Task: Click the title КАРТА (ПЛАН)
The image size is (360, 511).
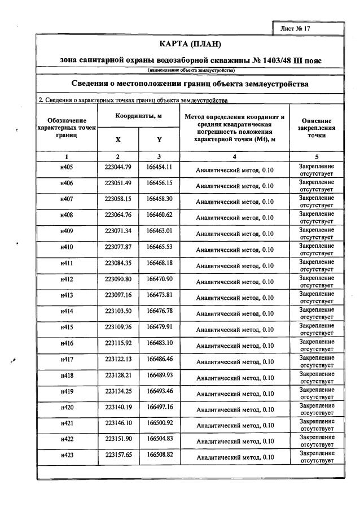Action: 190,43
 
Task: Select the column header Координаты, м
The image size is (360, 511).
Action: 139,116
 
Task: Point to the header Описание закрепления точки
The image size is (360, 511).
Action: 317,128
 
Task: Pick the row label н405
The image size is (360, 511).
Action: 67,167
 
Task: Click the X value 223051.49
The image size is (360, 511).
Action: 118,183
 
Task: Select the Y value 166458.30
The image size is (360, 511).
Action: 159,199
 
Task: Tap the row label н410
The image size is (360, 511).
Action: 67,247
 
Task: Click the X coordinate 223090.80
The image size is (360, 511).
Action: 118,279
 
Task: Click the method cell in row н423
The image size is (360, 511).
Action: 234,457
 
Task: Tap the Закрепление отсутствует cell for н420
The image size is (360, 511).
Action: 317,409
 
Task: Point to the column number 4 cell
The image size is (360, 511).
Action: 234,156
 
